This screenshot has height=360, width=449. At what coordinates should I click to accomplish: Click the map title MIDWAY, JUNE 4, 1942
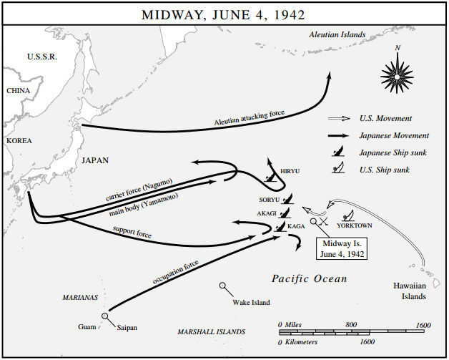[x=224, y=14]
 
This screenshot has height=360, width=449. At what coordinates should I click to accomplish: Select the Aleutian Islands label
[x=337, y=34]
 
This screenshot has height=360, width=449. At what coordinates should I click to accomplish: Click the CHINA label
[x=19, y=91]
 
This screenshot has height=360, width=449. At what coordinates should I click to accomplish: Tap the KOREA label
[x=20, y=141]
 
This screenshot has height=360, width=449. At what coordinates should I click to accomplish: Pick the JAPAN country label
[x=94, y=160]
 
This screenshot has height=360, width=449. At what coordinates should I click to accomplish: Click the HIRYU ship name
[x=290, y=172]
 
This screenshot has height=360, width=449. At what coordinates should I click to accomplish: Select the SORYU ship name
[x=270, y=199]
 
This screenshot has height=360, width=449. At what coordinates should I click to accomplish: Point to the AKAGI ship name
[x=267, y=213]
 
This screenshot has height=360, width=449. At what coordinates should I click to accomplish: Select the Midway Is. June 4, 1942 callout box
[x=342, y=250]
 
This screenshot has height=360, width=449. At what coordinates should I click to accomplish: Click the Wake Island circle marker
[x=224, y=286]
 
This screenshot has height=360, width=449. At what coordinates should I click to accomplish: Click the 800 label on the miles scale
[x=351, y=325]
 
